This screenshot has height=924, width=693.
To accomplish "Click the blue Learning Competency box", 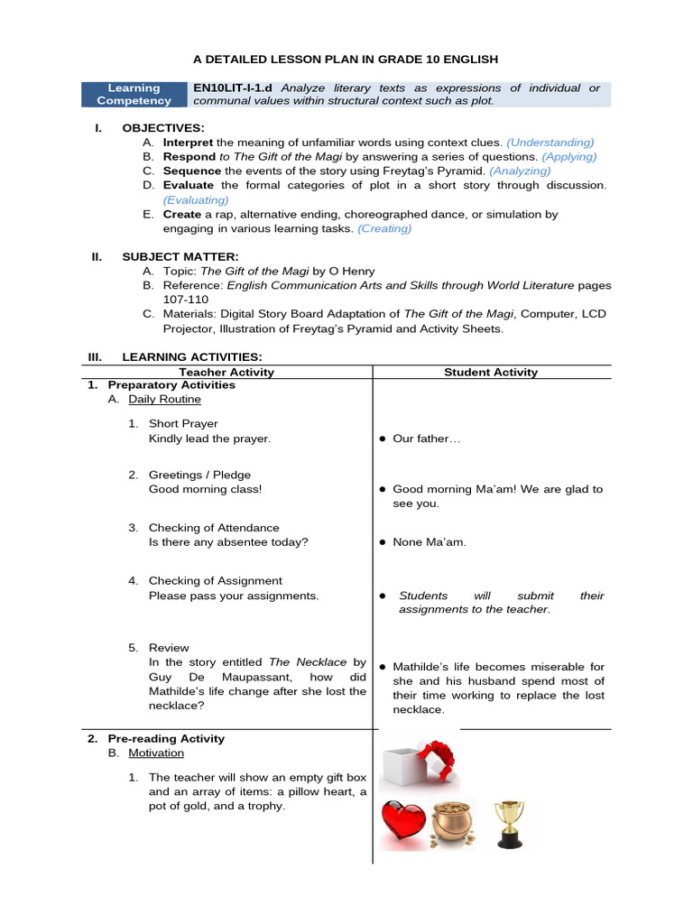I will (x=134, y=95).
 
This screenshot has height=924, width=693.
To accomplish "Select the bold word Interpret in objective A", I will (x=188, y=143).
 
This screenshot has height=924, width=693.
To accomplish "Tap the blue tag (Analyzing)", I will (x=520, y=171).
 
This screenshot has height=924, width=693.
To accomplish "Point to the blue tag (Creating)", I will (x=384, y=229).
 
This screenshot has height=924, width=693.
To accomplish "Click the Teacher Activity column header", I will (x=226, y=372).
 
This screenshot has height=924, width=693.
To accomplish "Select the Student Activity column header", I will (x=491, y=372).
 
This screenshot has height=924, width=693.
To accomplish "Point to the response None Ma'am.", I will (x=430, y=542).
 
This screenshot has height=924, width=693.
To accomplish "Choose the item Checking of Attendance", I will (x=214, y=528).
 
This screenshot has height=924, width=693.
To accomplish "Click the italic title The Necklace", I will (x=308, y=662).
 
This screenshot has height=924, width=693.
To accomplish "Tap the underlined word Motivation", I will (x=156, y=753).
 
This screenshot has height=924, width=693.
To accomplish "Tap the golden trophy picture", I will (x=509, y=824).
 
